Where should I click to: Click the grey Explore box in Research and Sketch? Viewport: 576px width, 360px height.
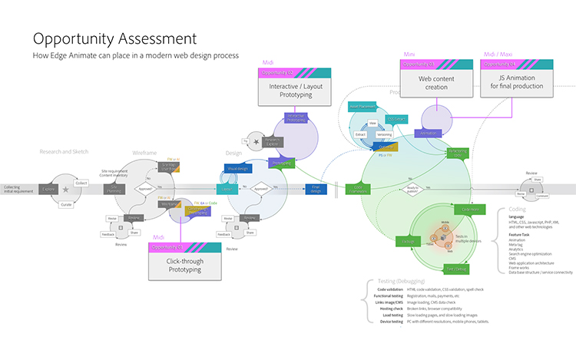click(48, 188)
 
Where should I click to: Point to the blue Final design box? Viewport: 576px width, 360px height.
click(315, 188)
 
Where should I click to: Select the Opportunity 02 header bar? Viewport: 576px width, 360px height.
click(295, 72)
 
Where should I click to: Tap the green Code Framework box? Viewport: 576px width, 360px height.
click(357, 188)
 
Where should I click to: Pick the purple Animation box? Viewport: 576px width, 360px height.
click(428, 133)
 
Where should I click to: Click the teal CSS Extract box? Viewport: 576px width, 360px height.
click(396, 119)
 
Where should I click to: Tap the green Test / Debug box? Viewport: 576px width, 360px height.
click(457, 268)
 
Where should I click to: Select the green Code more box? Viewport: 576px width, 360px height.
click(469, 209)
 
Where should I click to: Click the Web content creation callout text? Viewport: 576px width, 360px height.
click(435, 82)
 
